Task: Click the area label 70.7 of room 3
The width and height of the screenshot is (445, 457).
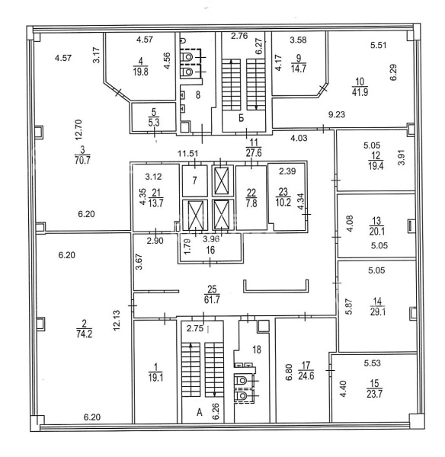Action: [82, 160]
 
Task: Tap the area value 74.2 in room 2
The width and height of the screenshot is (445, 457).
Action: [85, 334]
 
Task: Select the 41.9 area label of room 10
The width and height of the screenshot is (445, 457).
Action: [360, 92]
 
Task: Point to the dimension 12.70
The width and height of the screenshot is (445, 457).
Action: [80, 130]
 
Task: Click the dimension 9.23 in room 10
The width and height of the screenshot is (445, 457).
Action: [337, 114]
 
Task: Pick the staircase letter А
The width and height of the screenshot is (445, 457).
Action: [200, 412]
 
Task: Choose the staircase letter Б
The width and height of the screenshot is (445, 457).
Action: [241, 118]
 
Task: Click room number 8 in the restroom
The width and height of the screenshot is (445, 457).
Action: [198, 94]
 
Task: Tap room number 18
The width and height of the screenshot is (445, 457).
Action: [257, 350]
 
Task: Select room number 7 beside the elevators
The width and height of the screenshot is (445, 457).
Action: [194, 181]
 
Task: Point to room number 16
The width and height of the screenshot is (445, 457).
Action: [210, 250]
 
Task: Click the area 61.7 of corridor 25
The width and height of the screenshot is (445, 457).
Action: [212, 299]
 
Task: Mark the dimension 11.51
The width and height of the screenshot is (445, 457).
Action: [188, 153]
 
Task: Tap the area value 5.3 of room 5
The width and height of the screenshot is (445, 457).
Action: [154, 123]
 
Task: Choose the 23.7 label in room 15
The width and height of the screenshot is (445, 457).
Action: [374, 394]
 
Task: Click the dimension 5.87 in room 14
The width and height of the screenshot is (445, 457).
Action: [349, 306]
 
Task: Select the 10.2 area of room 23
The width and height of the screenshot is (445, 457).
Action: [283, 203]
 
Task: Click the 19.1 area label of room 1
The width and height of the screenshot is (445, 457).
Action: [155, 378]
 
